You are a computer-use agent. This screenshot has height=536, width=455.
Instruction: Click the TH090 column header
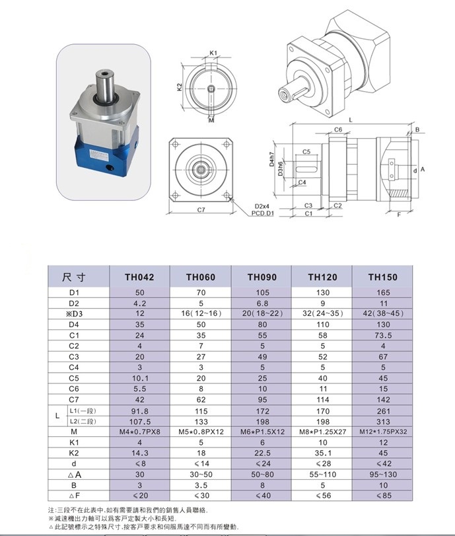click(262, 277)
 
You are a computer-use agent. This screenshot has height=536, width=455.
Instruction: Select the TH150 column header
click(382, 277)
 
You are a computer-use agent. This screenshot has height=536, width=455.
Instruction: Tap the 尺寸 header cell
click(78, 277)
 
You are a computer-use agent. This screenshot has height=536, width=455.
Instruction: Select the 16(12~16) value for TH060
click(200, 313)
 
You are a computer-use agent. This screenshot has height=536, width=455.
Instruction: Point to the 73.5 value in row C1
click(382, 335)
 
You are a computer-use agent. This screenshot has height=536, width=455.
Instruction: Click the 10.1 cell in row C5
click(139, 378)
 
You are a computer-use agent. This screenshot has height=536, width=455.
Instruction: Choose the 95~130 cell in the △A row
click(382, 475)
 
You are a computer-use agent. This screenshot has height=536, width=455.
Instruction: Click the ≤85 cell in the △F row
click(382, 496)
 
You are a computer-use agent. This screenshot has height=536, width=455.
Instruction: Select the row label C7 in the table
click(73, 399)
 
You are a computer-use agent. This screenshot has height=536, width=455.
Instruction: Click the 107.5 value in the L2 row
click(139, 421)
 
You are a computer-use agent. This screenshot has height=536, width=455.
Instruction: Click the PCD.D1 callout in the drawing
click(263, 213)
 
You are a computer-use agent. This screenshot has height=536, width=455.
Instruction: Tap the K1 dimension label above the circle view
click(213, 52)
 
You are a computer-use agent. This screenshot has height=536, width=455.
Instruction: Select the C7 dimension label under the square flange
click(202, 210)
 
